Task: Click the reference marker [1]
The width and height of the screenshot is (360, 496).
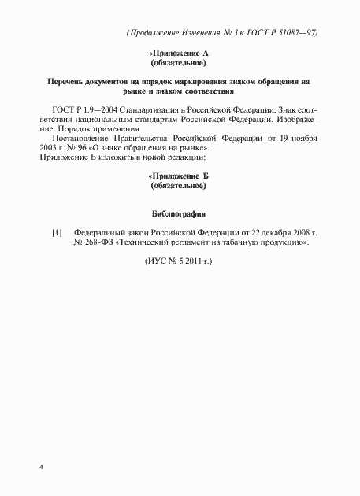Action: point(57,234)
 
